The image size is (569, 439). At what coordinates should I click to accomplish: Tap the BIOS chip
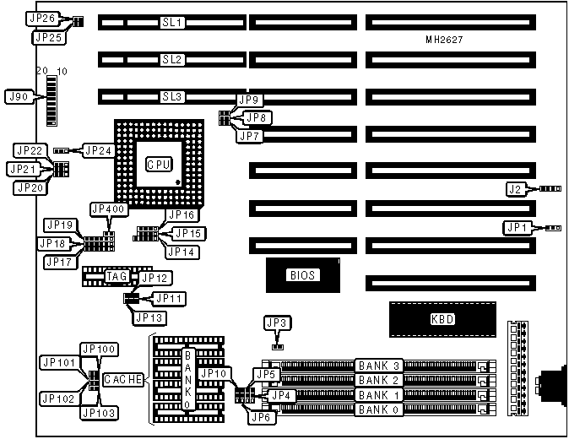pyautogui.click(x=303, y=274)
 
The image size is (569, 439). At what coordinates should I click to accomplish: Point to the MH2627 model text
pyautogui.click(x=444, y=40)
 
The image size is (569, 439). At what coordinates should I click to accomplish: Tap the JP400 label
pyautogui.click(x=107, y=209)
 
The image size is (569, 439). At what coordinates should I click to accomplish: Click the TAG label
pyautogui.click(x=116, y=276)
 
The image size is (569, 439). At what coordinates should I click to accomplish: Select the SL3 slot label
pyautogui.click(x=172, y=96)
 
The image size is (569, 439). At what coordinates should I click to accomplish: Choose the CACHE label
pyautogui.click(x=123, y=380)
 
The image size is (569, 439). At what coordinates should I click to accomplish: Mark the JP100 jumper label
pyautogui.click(x=99, y=349)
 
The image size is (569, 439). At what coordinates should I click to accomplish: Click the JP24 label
pyautogui.click(x=99, y=151)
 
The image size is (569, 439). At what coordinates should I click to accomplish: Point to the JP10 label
pyautogui.click(x=215, y=373)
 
